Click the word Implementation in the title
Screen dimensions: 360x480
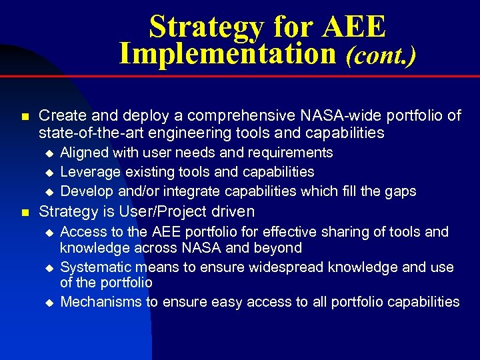pos(227,53)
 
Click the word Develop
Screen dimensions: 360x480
pos(87,191)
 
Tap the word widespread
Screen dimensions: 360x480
pos(283,267)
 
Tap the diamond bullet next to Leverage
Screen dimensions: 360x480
pos(47,173)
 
